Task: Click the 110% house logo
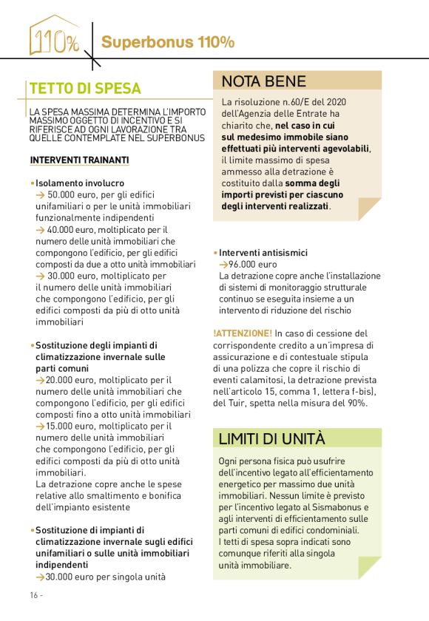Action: pyautogui.click(x=54, y=37)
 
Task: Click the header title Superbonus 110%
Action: pyautogui.click(x=168, y=42)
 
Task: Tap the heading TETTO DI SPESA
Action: pyautogui.click(x=84, y=89)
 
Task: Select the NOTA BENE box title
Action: pyautogui.click(x=263, y=81)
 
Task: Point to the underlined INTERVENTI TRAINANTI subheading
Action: pyautogui.click(x=79, y=160)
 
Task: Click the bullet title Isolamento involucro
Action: pyautogui.click(x=80, y=183)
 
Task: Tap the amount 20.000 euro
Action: pyautogui.click(x=72, y=379)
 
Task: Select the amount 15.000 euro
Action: pyautogui.click(x=72, y=427)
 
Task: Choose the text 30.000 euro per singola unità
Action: pyautogui.click(x=106, y=577)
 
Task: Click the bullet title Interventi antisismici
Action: pyautogui.click(x=263, y=253)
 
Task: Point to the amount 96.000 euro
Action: pyautogui.click(x=252, y=264)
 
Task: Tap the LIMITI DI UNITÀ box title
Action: pyautogui.click(x=271, y=438)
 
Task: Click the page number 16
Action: pyautogui.click(x=35, y=595)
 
